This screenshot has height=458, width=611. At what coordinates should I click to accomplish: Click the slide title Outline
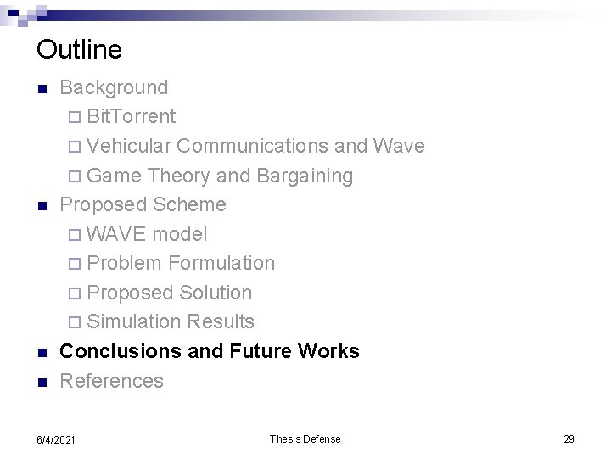79,49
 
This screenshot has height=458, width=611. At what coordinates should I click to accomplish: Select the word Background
115,87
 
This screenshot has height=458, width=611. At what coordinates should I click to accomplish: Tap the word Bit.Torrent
131,116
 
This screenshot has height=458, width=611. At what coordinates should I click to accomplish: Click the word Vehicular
129,146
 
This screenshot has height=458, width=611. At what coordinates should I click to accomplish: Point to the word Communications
253,146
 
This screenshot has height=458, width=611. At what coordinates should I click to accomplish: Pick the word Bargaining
304,176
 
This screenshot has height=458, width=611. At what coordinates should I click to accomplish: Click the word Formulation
221,263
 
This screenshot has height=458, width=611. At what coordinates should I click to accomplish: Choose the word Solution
216,293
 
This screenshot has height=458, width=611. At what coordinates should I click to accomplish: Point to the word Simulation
134,321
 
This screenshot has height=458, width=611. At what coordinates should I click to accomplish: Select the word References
111,381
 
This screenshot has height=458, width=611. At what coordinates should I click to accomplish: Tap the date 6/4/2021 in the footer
56,439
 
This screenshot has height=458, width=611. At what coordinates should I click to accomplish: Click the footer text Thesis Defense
305,438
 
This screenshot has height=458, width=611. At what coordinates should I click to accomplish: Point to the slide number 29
569,438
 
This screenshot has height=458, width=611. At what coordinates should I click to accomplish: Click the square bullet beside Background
42,88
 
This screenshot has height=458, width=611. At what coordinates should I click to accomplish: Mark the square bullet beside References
42,382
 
